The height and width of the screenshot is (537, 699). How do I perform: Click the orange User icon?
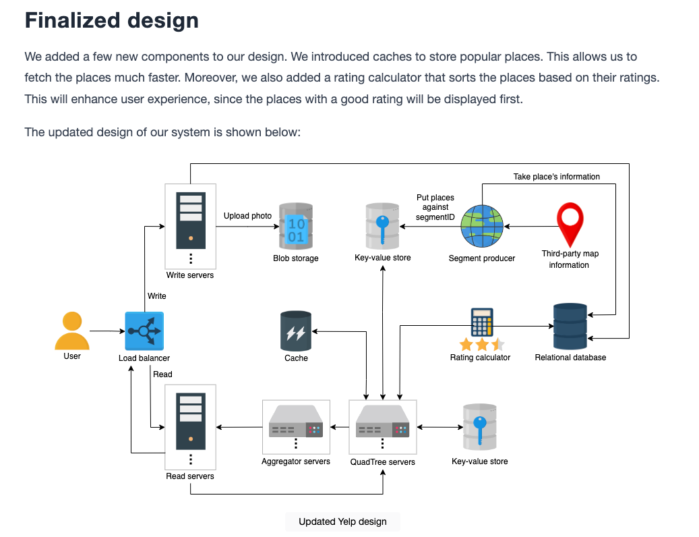tap(71, 331)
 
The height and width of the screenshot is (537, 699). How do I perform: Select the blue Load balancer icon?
tap(144, 331)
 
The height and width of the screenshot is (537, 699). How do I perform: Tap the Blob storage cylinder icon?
tap(295, 226)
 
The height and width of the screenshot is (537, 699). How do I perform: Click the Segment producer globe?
tap(482, 226)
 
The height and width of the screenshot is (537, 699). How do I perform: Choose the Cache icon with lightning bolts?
tap(295, 331)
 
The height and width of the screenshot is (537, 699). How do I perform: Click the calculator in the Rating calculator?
tap(482, 322)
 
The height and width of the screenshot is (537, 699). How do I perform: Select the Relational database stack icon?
tap(570, 326)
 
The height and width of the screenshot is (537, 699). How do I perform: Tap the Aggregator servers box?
tap(296, 427)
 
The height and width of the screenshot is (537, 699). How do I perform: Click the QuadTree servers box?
tap(382, 427)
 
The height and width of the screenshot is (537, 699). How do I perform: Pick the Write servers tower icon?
tap(191, 221)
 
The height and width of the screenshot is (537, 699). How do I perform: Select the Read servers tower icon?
tap(191, 421)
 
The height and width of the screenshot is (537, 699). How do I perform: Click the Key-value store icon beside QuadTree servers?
tap(480, 427)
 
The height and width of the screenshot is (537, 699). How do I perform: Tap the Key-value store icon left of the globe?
tap(382, 226)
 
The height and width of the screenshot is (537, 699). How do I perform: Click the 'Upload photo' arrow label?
tap(247, 216)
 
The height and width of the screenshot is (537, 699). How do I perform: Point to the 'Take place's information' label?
tap(556, 177)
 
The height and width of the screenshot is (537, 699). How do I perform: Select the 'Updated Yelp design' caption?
tap(342, 521)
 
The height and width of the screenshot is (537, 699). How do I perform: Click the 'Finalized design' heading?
tap(111, 20)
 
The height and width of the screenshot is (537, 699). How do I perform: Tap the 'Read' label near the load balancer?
tap(162, 374)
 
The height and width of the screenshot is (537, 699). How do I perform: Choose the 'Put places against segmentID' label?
tap(435, 207)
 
